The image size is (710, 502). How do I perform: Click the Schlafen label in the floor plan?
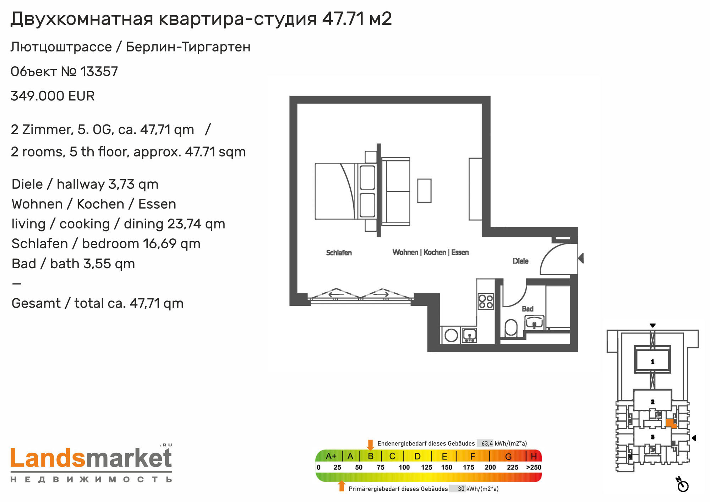pos(339,253)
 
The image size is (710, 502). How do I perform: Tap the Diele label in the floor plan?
pos(520,261)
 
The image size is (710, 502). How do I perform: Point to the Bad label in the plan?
pos(528,309)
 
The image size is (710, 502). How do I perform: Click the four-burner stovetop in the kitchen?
pos(486,301)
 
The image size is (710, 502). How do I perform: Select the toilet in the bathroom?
pos(511,327)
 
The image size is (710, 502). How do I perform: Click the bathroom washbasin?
pos(535,323)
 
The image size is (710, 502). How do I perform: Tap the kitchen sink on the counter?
pos(469,335)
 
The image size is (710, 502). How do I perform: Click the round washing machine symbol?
pos(451,335)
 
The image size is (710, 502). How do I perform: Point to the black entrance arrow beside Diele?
pos(581,258)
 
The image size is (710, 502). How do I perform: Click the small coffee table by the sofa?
pos(424,191)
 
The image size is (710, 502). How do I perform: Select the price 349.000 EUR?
pos(53,96)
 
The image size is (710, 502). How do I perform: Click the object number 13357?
pos(99,72)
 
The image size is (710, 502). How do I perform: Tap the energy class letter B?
pos(371,456)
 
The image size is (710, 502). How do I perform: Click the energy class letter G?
pos(508,457)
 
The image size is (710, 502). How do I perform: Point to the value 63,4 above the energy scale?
pos(487,443)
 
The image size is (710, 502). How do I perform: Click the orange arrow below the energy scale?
pos(342,486)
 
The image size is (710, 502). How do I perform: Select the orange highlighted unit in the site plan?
pos(671,423)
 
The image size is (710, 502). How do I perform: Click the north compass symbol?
pos(682,485)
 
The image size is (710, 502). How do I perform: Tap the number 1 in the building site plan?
pos(652,362)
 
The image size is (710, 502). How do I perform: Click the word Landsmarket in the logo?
pos(91,458)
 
